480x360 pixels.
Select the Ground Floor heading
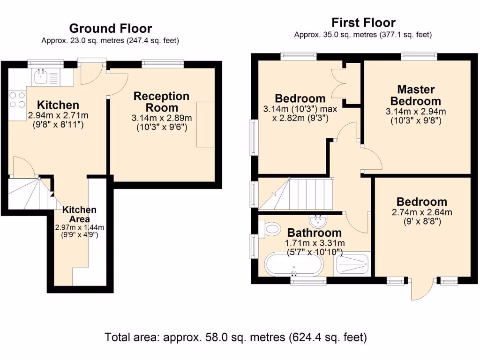pyautogui.click(x=110, y=29)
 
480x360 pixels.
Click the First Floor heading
pyautogui.click(x=363, y=22)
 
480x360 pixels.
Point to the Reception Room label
pyautogui.click(x=161, y=101)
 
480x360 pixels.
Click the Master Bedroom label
pyautogui.click(x=416, y=95)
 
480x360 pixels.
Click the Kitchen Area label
pyautogui.click(x=79, y=214)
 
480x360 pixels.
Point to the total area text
pyautogui.click(x=236, y=337)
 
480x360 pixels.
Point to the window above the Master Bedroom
pyautogui.click(x=419, y=56)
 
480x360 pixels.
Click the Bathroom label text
pyautogui.click(x=314, y=232)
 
